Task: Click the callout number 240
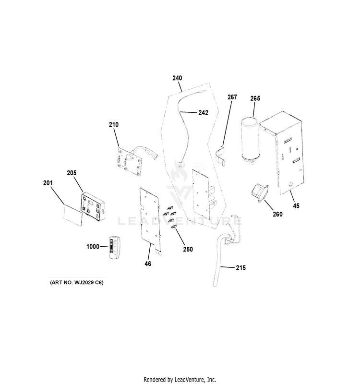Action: pyautogui.click(x=177, y=78)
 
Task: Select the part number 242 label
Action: pyautogui.click(x=203, y=112)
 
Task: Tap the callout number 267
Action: pyautogui.click(x=232, y=97)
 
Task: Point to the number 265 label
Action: pyautogui.click(x=255, y=98)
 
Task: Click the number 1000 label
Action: pyautogui.click(x=93, y=246)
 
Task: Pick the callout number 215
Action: pyautogui.click(x=241, y=268)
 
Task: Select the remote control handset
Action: pyautogui.click(x=114, y=247)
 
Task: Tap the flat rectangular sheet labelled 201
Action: pyautogui.click(x=73, y=215)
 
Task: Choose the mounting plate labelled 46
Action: pyautogui.click(x=150, y=220)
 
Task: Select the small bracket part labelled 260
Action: pyautogui.click(x=259, y=193)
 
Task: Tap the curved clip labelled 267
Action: pyautogui.click(x=221, y=155)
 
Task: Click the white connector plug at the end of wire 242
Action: pyautogui.click(x=181, y=164)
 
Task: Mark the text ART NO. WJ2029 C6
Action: pyautogui.click(x=77, y=282)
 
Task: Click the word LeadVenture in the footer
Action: pyautogui.click(x=189, y=380)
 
